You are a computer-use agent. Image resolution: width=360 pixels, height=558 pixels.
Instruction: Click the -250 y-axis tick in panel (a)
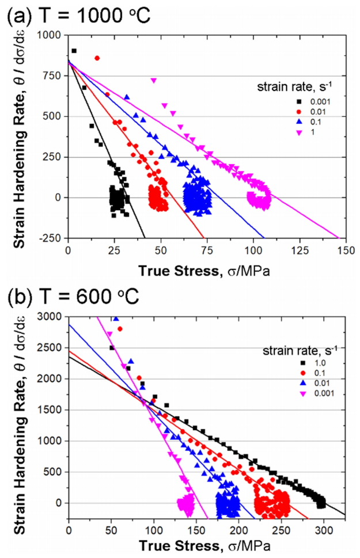click(x=52, y=238)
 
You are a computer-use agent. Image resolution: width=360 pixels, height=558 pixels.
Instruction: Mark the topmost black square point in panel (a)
click(x=74, y=51)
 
